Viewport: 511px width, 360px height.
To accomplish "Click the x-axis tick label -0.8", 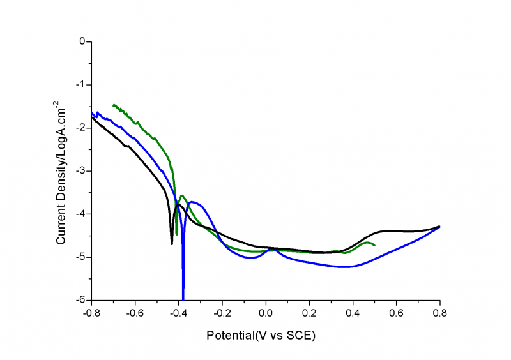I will [91, 313].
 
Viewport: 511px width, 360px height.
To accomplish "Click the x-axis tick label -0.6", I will [134, 313].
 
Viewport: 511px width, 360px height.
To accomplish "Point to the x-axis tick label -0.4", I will [178, 313].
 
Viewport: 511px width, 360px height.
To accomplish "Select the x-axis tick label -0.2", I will [221, 313].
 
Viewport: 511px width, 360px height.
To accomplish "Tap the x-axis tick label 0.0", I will [266, 313].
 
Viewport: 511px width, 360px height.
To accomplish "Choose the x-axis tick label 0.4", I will [353, 313].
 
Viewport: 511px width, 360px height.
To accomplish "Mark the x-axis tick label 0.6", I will [396, 313].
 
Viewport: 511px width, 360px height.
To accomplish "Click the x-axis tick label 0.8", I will [439, 313].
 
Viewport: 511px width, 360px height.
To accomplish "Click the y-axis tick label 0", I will [82, 41].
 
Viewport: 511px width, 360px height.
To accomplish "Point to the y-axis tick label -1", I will [80, 85].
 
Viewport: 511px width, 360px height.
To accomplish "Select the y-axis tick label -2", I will [80, 128].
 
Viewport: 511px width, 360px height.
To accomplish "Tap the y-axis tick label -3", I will [80, 171].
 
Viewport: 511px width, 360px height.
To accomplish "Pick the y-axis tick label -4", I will [80, 214].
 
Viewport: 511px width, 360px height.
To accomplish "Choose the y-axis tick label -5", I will [80, 257].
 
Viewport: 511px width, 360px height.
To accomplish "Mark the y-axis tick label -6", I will [80, 300].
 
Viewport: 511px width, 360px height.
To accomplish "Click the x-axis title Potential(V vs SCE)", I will [261, 335].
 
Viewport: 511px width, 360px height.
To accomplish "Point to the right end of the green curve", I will [374, 245].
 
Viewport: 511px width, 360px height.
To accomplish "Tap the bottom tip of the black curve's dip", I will [172, 244].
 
